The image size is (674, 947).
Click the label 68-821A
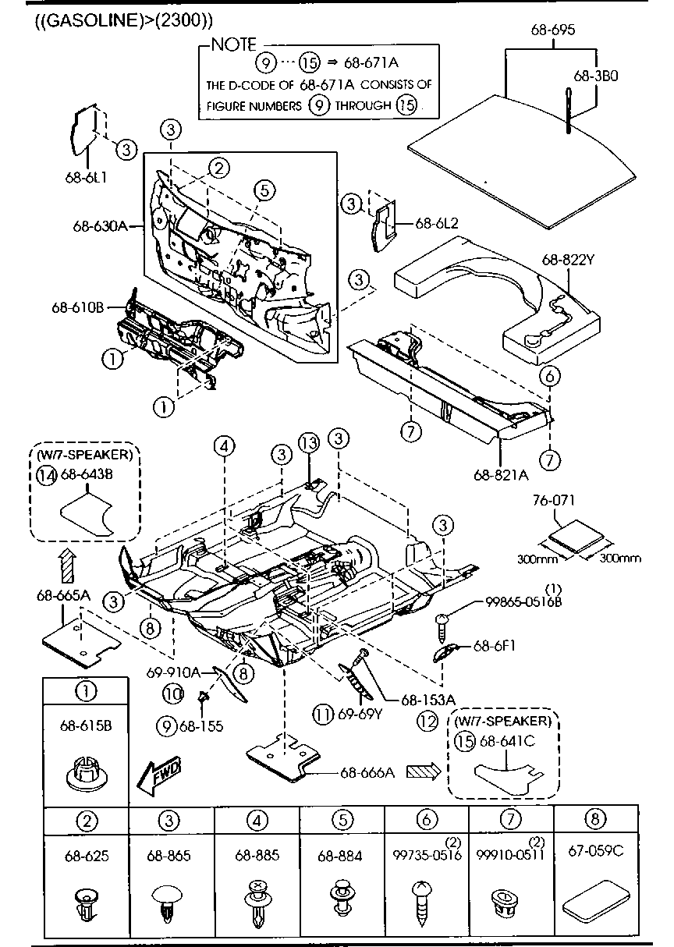click(x=500, y=473)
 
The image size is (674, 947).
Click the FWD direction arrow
click(x=158, y=776)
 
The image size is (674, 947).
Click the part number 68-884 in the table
click(x=339, y=856)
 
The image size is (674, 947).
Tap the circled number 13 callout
click(x=309, y=443)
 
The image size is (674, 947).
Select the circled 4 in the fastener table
click(x=257, y=820)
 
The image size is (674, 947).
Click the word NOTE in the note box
click(x=234, y=44)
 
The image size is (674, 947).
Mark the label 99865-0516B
click(x=522, y=601)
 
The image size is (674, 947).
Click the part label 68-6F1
click(x=492, y=646)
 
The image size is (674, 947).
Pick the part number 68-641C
click(x=507, y=740)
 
